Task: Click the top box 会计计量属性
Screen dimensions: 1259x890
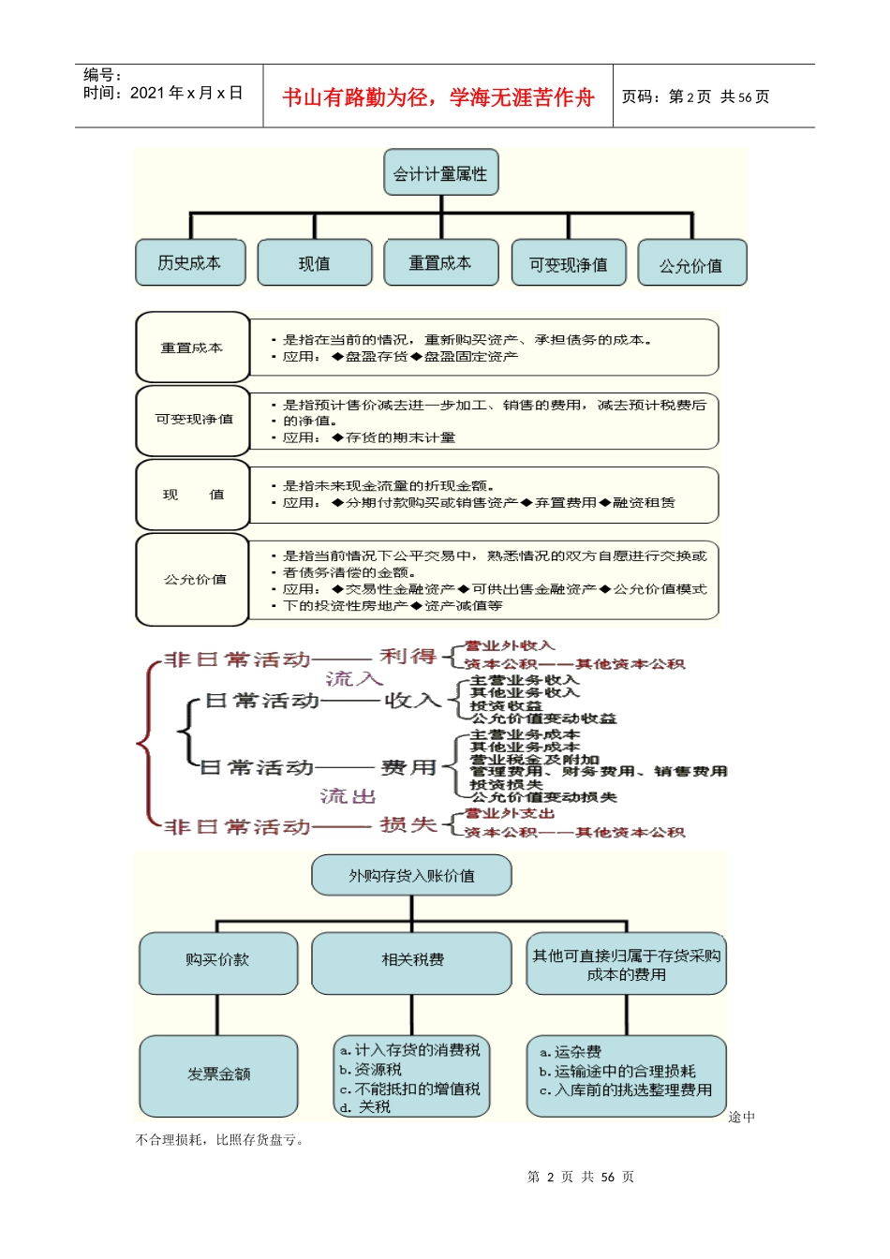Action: click(440, 173)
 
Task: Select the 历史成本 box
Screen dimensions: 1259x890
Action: click(190, 263)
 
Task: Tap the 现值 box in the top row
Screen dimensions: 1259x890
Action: click(315, 264)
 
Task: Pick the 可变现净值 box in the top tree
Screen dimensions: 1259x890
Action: click(569, 264)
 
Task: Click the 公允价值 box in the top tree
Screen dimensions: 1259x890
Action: click(691, 265)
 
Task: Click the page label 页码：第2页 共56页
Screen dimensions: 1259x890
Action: click(695, 96)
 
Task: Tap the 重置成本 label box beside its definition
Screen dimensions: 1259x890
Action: click(192, 348)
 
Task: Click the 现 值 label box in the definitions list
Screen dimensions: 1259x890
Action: click(193, 495)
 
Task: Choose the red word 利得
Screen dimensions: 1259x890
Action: click(408, 657)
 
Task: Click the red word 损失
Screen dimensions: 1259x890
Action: click(408, 825)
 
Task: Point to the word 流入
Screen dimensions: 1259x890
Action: click(354, 678)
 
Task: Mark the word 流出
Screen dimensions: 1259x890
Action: click(348, 796)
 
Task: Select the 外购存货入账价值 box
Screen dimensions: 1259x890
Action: click(411, 875)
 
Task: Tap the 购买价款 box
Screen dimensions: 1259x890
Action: click(217, 960)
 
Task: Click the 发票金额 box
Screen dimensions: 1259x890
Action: click(218, 1074)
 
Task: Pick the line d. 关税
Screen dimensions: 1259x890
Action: click(366, 1107)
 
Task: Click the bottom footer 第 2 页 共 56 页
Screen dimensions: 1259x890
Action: click(580, 1177)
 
